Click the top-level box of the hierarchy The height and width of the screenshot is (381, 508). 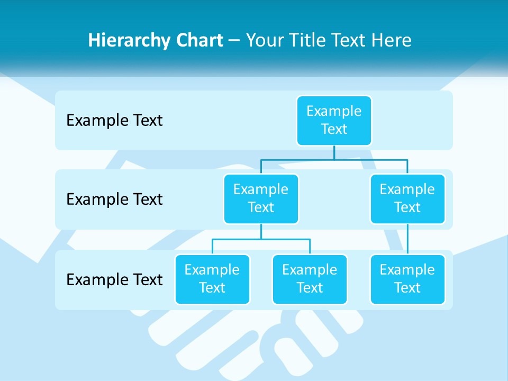click(334, 121)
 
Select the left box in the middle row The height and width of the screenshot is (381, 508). click(261, 199)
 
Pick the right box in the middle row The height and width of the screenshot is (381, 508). click(407, 199)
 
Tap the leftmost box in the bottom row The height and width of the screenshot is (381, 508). click(212, 279)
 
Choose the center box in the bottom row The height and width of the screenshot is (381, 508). click(310, 279)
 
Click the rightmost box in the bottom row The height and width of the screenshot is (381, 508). click(407, 279)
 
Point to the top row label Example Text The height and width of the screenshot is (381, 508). click(114, 121)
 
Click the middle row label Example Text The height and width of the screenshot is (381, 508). click(114, 199)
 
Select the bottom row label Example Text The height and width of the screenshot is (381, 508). click(114, 279)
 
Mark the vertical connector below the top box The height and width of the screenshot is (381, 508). click(334, 152)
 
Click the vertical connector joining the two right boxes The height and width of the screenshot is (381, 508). click(407, 239)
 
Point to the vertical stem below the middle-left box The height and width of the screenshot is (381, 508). click(261, 231)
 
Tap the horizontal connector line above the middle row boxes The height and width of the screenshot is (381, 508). click(334, 158)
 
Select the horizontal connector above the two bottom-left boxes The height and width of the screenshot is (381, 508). click(261, 239)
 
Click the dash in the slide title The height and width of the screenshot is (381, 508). click(234, 41)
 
